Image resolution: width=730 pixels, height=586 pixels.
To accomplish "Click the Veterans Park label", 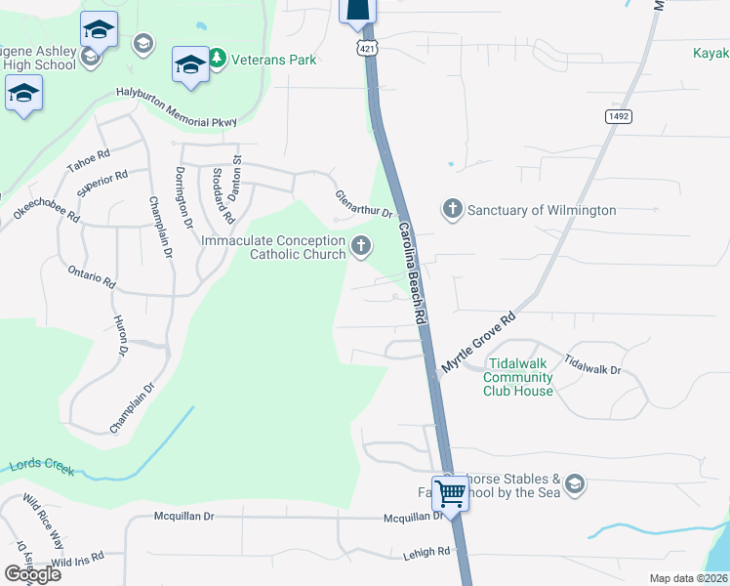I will tap(274, 60).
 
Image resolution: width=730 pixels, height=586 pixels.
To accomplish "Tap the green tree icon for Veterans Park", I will tap(219, 60).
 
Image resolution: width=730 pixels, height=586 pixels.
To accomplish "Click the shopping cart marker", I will tap(450, 493).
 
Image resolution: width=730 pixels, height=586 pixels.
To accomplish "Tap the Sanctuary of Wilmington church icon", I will tap(452, 209).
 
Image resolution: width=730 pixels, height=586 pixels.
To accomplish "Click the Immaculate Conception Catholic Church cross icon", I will tap(361, 247).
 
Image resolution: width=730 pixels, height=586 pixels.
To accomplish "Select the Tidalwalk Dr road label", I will tap(592, 365).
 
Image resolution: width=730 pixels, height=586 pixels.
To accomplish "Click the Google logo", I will tap(32, 573).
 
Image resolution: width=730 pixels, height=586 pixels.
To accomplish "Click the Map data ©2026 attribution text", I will tap(687, 578).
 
